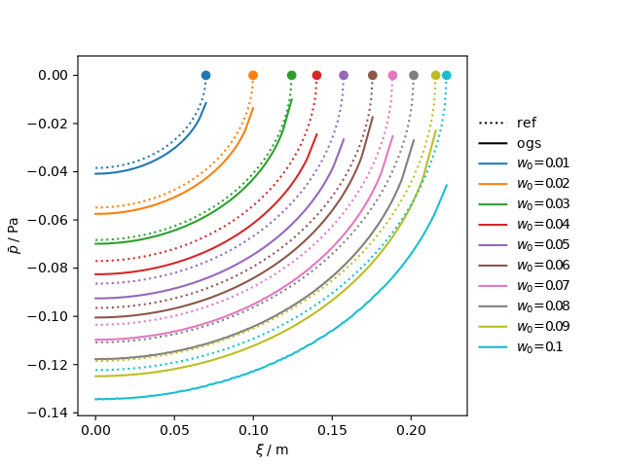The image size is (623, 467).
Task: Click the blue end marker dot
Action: click(205, 75)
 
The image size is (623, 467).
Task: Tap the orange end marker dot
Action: click(253, 75)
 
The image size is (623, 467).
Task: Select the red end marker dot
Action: click(316, 75)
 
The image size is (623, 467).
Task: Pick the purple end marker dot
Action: click(344, 75)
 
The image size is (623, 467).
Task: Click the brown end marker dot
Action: click(373, 75)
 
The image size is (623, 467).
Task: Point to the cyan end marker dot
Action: click(447, 75)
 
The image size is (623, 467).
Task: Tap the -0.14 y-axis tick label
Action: click(53, 413)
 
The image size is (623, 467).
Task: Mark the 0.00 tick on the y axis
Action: click(55, 75)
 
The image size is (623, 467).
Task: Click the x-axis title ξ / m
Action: click(272, 449)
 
